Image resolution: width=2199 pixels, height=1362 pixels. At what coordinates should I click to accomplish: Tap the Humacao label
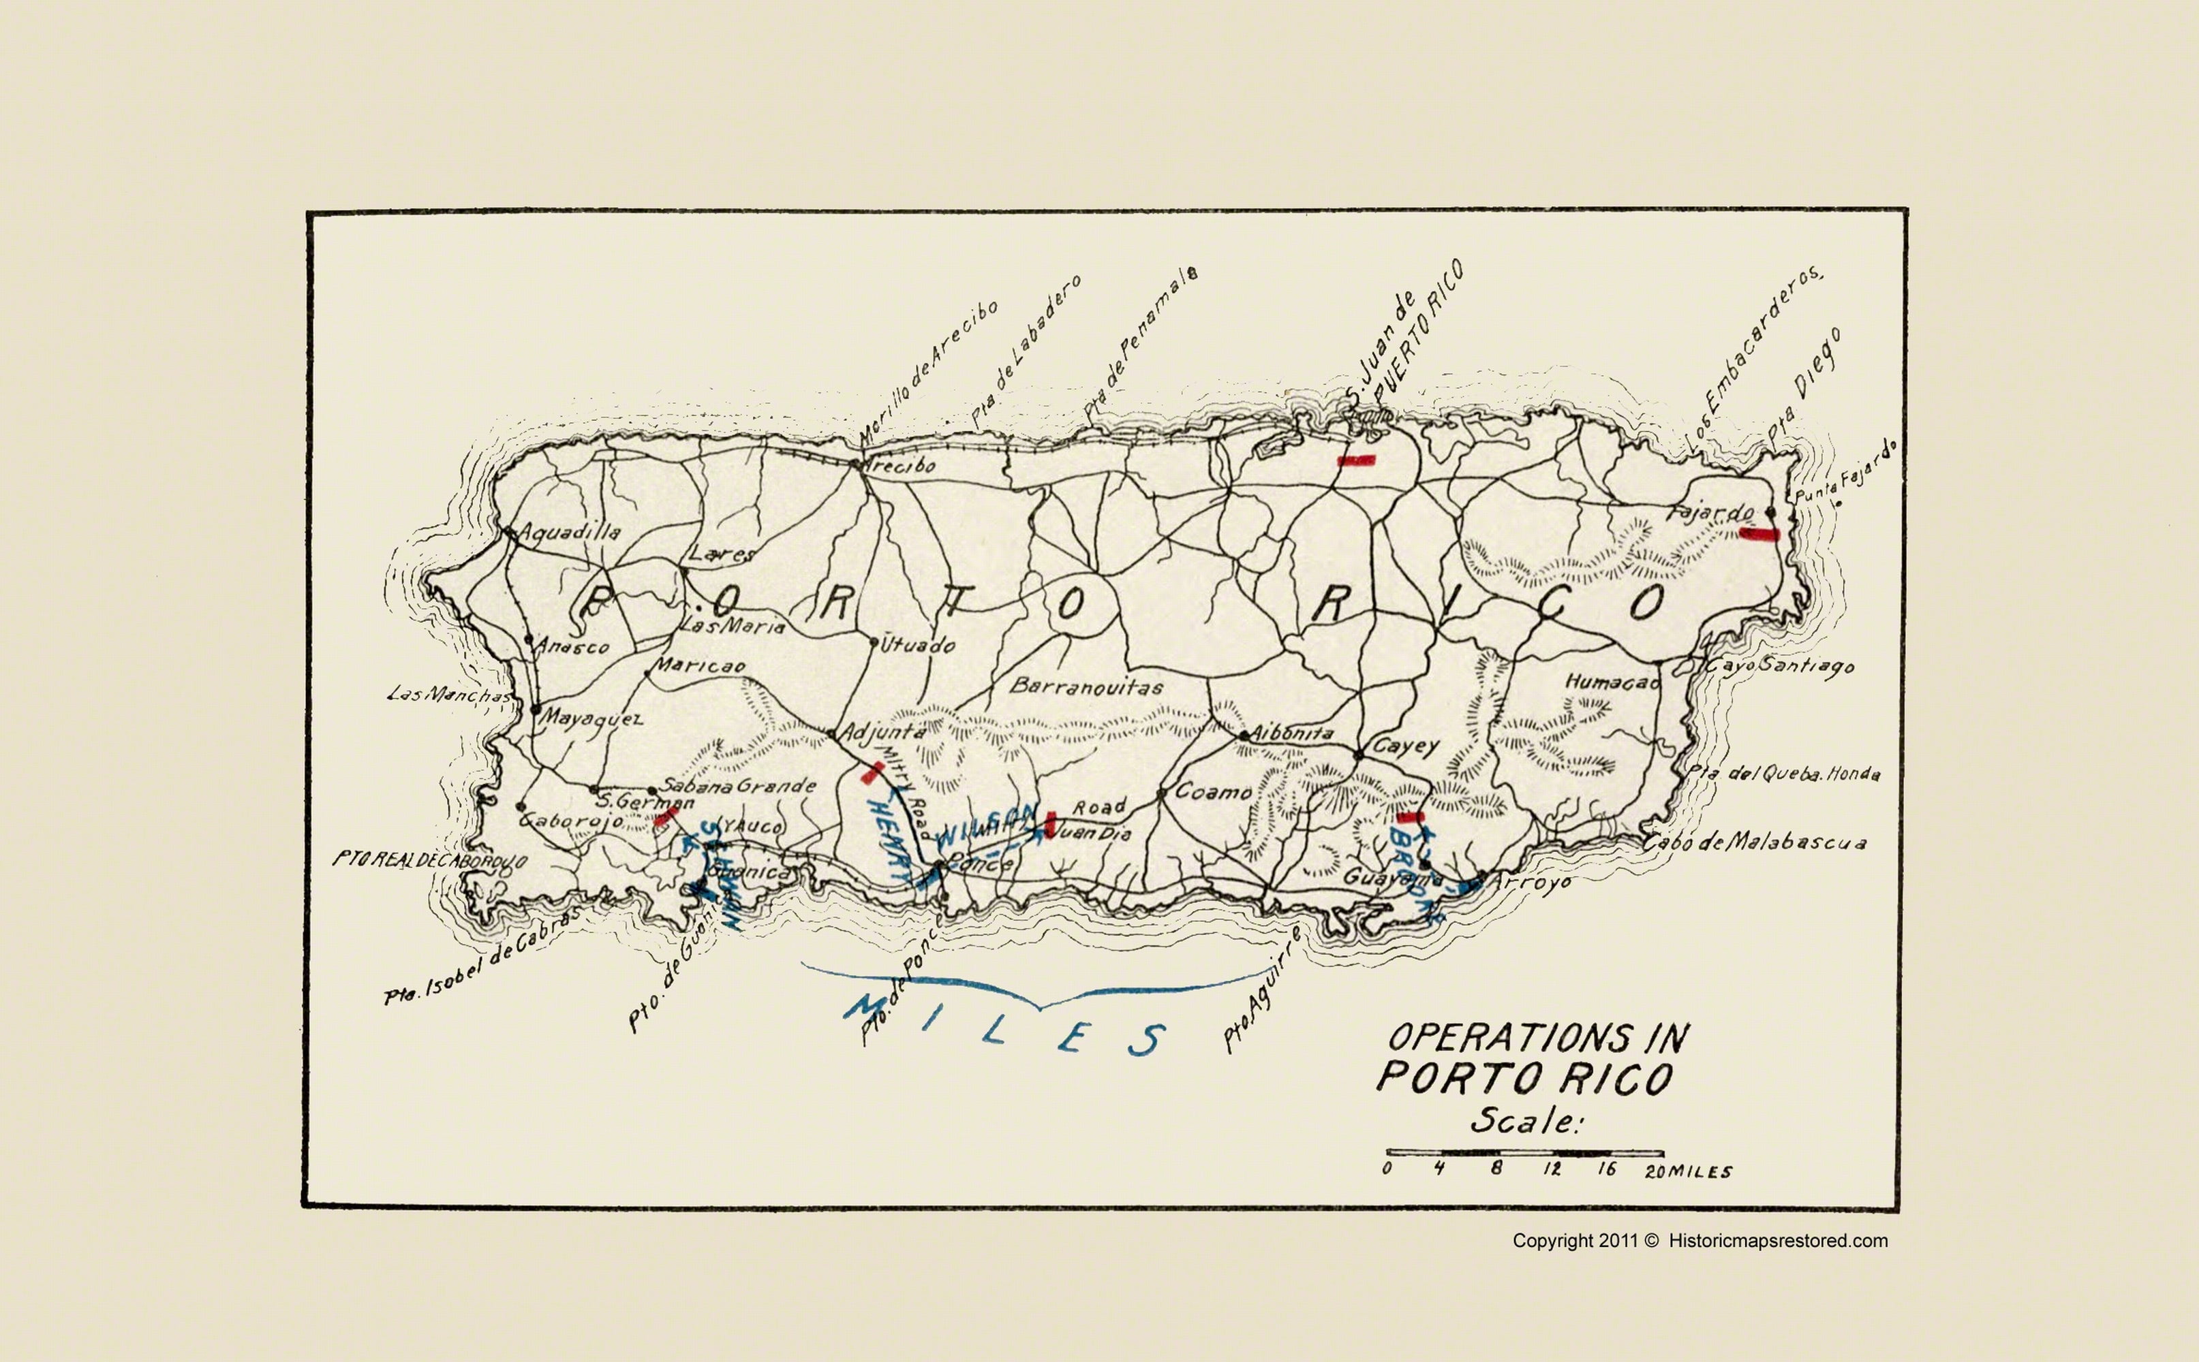(x=1612, y=682)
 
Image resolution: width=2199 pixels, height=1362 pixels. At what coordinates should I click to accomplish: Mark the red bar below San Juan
(x=1355, y=460)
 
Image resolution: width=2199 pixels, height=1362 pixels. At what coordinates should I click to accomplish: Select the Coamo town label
(x=1213, y=792)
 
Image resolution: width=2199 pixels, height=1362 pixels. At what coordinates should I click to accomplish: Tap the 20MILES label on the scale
(x=1687, y=1172)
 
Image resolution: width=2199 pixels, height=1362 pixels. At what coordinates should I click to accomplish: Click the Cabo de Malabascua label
(x=1753, y=843)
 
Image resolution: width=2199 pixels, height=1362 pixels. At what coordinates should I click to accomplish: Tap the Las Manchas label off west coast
(x=448, y=695)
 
